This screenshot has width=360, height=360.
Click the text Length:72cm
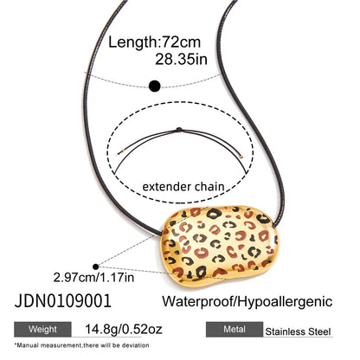click(x=154, y=42)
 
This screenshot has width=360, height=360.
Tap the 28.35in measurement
click(x=181, y=60)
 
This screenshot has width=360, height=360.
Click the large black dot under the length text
click(x=155, y=86)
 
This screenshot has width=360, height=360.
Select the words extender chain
click(x=183, y=187)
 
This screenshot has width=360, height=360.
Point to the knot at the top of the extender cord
click(x=179, y=130)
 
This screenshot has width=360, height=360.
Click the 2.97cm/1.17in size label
click(x=93, y=278)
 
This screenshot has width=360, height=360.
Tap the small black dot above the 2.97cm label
click(x=96, y=267)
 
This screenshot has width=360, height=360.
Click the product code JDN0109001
click(x=62, y=301)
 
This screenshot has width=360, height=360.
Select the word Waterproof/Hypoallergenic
click(x=247, y=302)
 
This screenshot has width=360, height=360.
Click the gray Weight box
click(x=42, y=329)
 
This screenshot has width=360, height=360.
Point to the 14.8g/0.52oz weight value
click(x=124, y=329)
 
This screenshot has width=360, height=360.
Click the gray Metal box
click(x=235, y=329)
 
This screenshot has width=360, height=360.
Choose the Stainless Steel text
click(x=298, y=331)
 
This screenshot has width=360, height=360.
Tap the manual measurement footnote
click(x=81, y=345)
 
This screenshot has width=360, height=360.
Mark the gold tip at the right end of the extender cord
click(x=241, y=157)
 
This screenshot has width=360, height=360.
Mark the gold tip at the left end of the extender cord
click(x=123, y=151)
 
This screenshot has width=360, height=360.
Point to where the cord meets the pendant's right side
click(x=273, y=225)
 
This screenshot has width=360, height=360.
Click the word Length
click(x=132, y=42)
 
